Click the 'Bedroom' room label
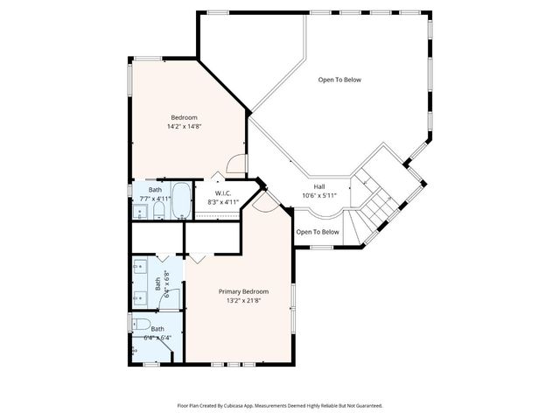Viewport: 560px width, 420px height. tap(184, 117)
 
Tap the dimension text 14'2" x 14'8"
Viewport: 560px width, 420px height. tap(184, 127)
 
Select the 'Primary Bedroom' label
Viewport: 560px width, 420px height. tap(243, 291)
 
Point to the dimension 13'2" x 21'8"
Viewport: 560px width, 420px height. tap(243, 301)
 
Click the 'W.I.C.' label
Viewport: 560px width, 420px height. tap(222, 192)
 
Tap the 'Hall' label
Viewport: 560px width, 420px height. tap(319, 185)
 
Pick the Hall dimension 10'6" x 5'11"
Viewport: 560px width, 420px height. tap(319, 195)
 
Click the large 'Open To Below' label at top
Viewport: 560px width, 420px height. tap(339, 80)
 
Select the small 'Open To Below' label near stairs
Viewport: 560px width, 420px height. tap(317, 232)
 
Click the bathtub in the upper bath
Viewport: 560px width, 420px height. tap(181, 201)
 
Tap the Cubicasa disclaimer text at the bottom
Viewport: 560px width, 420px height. tap(280, 405)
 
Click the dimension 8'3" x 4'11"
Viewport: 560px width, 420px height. tap(222, 202)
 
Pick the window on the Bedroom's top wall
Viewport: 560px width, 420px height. tap(148, 59)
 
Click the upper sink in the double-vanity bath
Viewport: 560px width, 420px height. tap(139, 268)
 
